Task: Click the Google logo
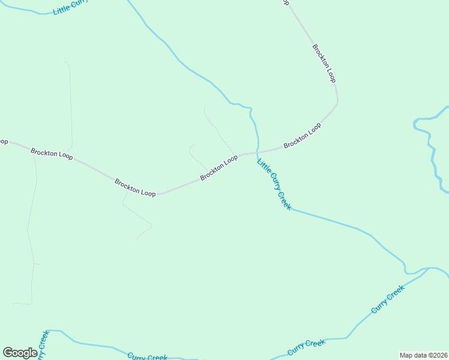click(20, 353)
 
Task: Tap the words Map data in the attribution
click(412, 355)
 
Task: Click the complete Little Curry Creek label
click(274, 184)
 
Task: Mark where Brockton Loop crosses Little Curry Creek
click(258, 152)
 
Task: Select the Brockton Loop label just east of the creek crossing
click(303, 136)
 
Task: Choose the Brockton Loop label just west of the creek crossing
click(219, 167)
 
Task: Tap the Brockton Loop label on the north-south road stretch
click(324, 63)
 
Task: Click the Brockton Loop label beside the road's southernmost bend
click(136, 188)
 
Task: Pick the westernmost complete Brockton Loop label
click(52, 154)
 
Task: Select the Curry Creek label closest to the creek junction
click(388, 299)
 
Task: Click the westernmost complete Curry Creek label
click(147, 356)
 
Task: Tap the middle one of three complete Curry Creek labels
click(306, 347)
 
